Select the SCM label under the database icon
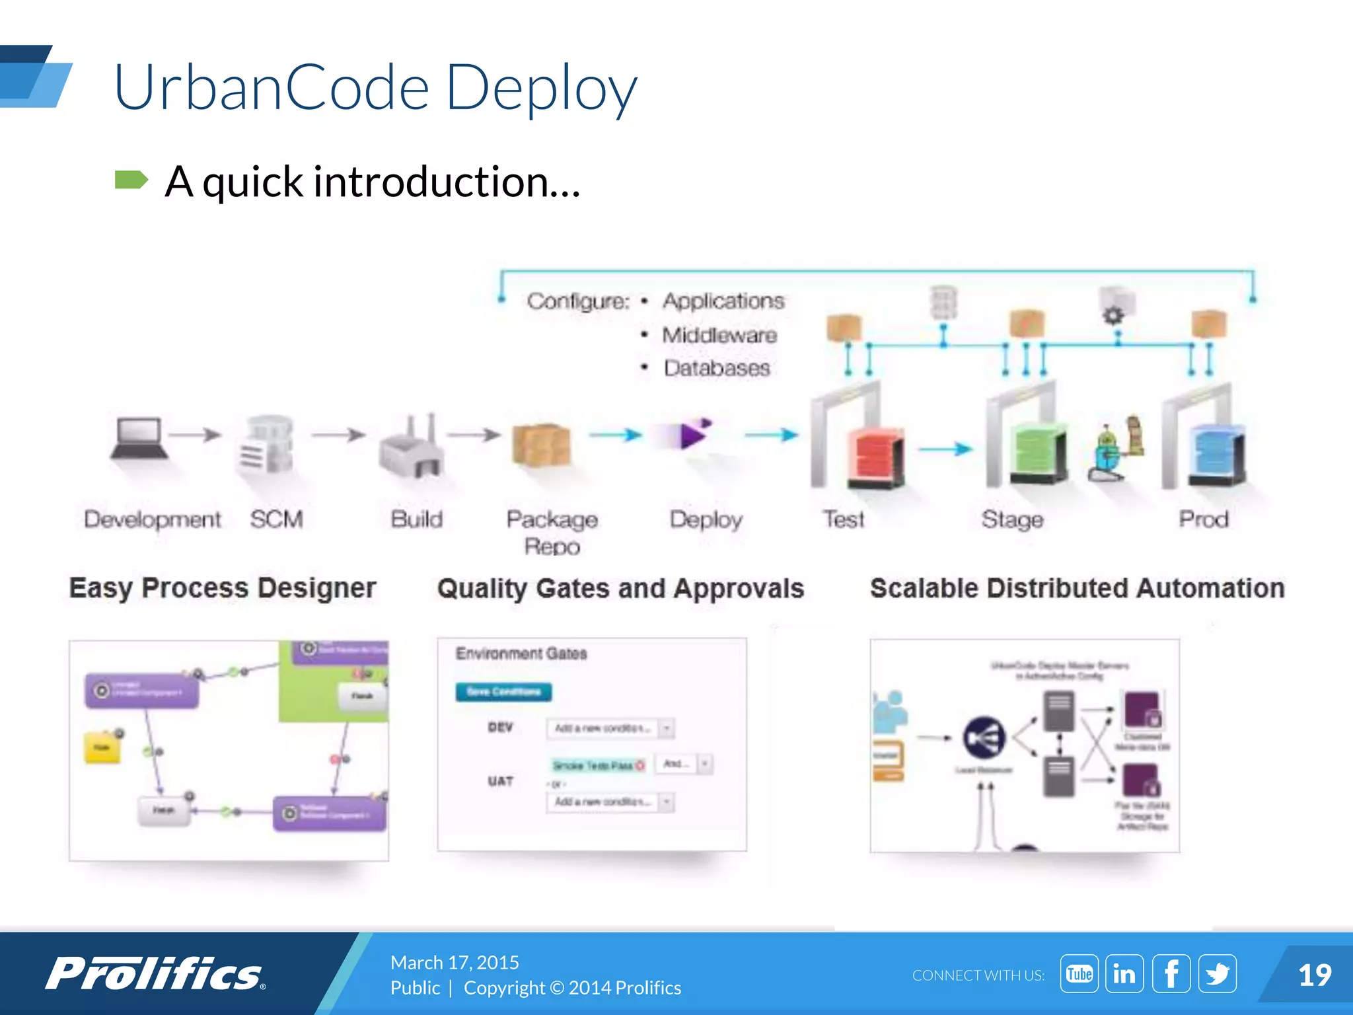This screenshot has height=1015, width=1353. pyautogui.click(x=276, y=519)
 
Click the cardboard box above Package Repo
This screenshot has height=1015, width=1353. pyautogui.click(x=541, y=445)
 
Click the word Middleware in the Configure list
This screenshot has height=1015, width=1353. pyautogui.click(x=719, y=335)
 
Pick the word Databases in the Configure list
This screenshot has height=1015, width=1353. pyautogui.click(x=717, y=368)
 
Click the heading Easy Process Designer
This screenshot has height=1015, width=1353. pyautogui.click(x=223, y=587)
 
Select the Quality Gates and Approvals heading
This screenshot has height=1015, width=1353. pyautogui.click(x=620, y=588)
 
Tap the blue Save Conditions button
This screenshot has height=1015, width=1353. pyautogui.click(x=503, y=691)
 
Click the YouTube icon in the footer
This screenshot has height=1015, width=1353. pyautogui.click(x=1079, y=974)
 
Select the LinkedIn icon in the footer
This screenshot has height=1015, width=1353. pyautogui.click(x=1124, y=974)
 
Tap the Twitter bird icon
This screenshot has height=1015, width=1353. pyautogui.click(x=1217, y=974)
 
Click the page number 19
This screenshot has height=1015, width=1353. pyautogui.click(x=1314, y=975)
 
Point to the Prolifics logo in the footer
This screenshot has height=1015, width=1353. pyautogui.click(x=155, y=974)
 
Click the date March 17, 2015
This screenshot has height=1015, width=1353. pyautogui.click(x=455, y=962)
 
